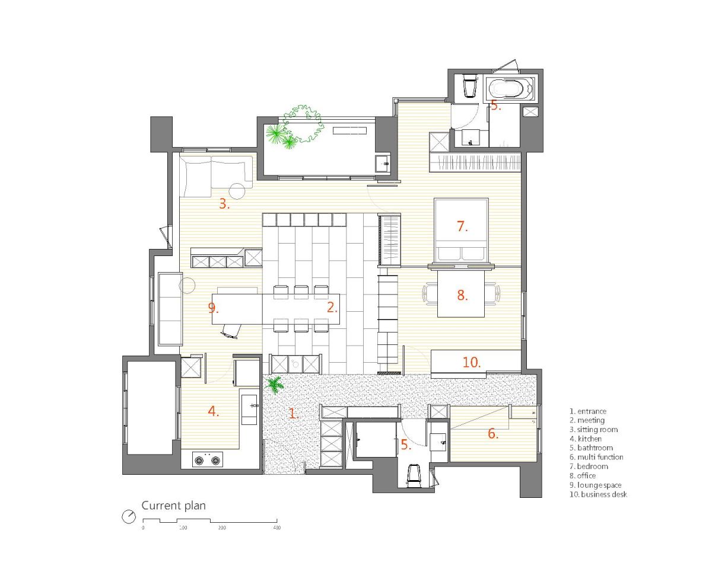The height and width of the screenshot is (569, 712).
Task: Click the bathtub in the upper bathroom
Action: point(510,88)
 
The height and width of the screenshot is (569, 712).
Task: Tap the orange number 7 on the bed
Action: point(462,226)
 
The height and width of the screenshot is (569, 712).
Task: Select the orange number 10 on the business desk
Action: point(472,362)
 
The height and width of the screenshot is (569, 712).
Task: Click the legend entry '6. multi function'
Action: point(596,457)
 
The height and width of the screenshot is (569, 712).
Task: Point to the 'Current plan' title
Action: point(173,505)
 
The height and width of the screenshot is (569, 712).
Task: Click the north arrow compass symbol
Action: point(129,516)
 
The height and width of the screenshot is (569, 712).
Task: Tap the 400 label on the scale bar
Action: point(277,528)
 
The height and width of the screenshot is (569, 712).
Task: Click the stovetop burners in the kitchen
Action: point(207,459)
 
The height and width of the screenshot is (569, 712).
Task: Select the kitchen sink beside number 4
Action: point(249,410)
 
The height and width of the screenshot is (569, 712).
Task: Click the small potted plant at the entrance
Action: point(274,385)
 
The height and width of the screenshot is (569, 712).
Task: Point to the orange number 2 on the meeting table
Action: point(332,308)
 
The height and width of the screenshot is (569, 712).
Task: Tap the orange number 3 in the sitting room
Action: point(224,204)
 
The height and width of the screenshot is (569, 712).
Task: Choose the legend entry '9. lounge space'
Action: point(595,485)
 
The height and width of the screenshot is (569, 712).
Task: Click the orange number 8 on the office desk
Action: point(462,295)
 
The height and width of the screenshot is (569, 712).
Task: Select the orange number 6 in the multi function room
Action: point(492,433)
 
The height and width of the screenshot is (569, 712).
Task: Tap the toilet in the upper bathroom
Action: point(469,86)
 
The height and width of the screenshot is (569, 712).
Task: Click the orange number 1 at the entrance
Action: point(294,413)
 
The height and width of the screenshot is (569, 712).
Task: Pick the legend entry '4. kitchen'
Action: point(586,439)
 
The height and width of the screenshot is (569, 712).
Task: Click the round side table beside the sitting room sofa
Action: point(237,191)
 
